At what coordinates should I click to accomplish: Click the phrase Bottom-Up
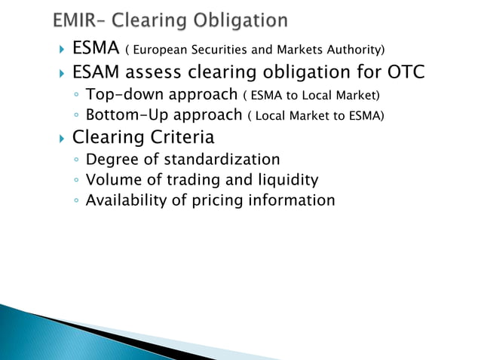pyautogui.click(x=125, y=116)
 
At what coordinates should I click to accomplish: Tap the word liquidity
pyautogui.click(x=286, y=180)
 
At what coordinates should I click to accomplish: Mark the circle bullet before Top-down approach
pyautogui.click(x=77, y=96)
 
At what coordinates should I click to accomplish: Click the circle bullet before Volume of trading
pyautogui.click(x=77, y=181)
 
